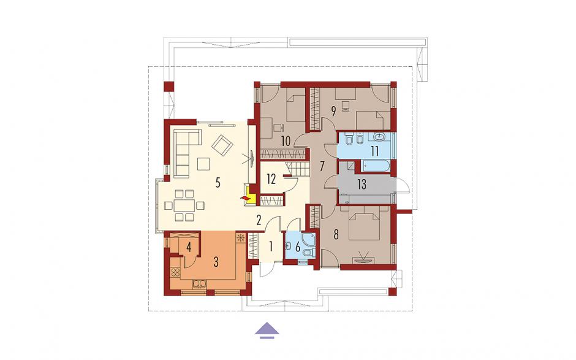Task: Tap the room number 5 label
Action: [218, 183]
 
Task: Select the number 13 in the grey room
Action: [362, 184]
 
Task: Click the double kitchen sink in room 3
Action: [200, 283]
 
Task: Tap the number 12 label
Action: [271, 179]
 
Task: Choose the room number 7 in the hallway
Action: [322, 166]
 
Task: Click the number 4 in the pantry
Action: [189, 247]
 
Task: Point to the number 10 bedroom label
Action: [286, 140]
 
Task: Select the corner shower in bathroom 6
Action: [308, 239]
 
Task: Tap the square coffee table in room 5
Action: [203, 164]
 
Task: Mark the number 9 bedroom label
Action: [333, 110]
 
